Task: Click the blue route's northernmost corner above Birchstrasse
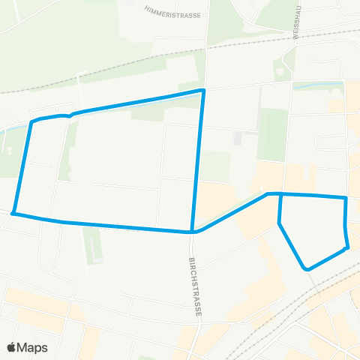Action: coord(202,91)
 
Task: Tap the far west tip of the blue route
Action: coord(13,213)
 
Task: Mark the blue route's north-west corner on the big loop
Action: coord(31,121)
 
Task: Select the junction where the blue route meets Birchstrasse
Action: coord(193,232)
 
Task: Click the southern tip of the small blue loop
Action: coord(306,268)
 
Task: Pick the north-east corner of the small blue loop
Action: coord(346,198)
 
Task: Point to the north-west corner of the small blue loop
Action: coord(280,193)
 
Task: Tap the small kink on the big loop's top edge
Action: coord(70,116)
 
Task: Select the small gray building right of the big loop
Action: coord(238,139)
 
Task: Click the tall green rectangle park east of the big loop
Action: coord(272,133)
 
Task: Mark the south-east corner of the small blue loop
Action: coord(347,247)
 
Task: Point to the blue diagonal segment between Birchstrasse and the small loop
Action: coord(232,212)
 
